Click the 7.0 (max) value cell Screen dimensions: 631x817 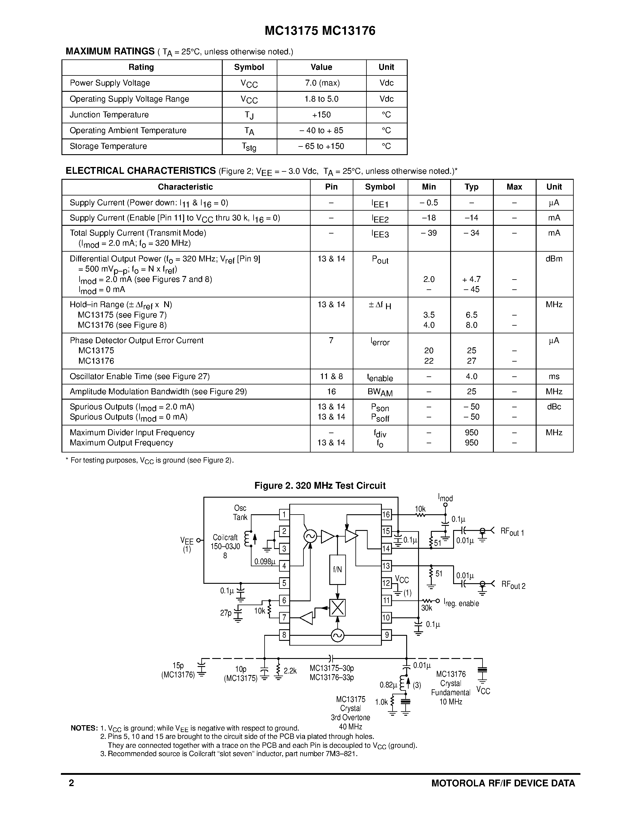pos(322,83)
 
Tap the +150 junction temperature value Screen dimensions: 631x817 pos(322,115)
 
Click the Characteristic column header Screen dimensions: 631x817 pos(185,187)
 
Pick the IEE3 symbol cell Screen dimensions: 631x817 pos(380,234)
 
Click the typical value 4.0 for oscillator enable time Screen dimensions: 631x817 pos(471,376)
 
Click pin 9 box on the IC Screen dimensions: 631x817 pos(386,635)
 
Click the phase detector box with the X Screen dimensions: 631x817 pos(337,608)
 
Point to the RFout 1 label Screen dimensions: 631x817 pos(512,531)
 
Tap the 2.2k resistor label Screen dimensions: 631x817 pos(290,671)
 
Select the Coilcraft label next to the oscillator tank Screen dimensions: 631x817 pos(225,537)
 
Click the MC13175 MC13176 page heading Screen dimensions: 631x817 pos(320,31)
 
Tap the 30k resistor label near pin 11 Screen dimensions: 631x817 pos(426,608)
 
